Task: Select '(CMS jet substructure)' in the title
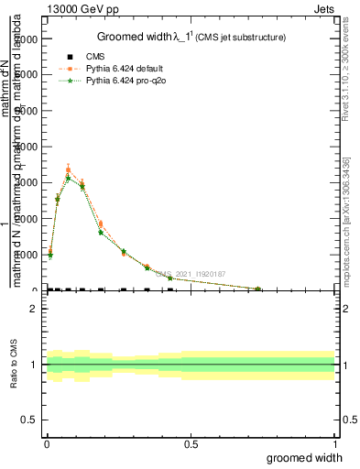tap(245, 38)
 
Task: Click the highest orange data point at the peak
tap(69, 169)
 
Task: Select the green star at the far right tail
tap(258, 289)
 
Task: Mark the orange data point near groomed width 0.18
tap(101, 224)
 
